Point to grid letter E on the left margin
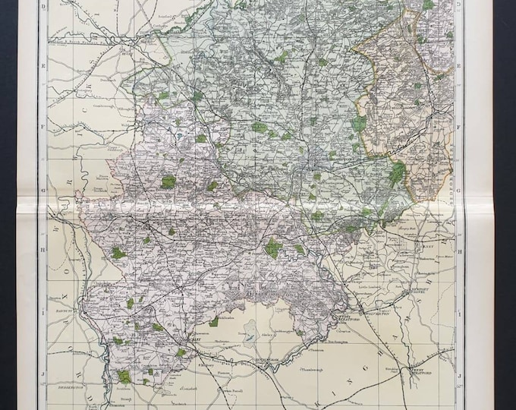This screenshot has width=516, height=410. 43,66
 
